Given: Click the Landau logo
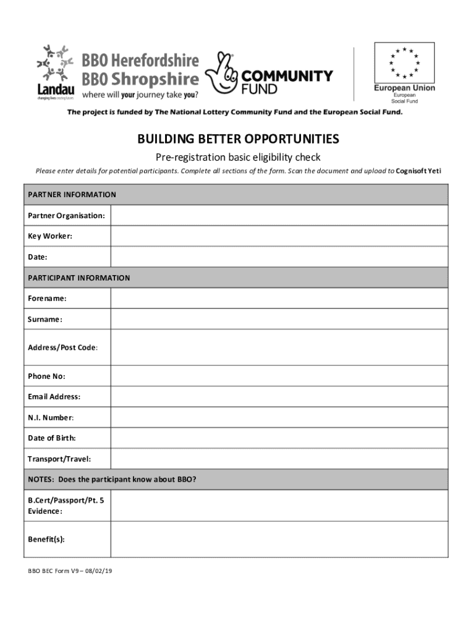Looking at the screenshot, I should coord(55,70).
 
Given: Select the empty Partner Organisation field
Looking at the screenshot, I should coord(279,215).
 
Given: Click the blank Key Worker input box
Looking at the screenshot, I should coord(279,236).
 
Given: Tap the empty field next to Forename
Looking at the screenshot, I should coord(279,298).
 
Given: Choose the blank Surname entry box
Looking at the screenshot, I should coord(279,319).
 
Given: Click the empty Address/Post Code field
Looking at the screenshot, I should coord(279,347).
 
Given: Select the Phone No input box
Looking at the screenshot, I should coord(279,376).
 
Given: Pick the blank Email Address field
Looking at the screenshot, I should coord(279,396).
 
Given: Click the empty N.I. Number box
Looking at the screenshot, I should coord(279,417).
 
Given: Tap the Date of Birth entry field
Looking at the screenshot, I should coord(279,438).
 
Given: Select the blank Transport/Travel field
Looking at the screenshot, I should coord(279,459).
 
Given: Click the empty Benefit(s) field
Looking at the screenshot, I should coord(279,539).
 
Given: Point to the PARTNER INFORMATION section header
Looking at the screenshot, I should coord(72,195).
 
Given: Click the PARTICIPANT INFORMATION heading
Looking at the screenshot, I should coord(79,278).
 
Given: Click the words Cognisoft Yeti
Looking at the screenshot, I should coord(419,171).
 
